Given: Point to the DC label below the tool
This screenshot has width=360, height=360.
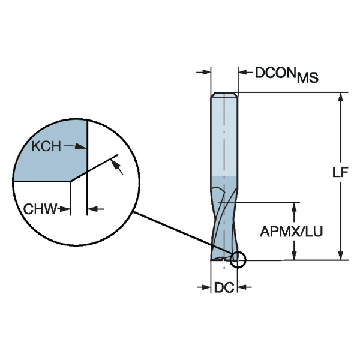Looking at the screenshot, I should [224, 288].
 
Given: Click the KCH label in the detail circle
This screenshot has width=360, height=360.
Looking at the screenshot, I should [46, 146].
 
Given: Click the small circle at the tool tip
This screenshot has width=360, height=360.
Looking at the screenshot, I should [238, 259].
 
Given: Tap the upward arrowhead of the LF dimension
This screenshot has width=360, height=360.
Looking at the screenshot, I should [341, 98].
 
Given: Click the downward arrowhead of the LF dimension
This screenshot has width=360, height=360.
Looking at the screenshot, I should [341, 254].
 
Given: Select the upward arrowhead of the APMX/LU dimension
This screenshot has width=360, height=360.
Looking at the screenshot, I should [295, 207].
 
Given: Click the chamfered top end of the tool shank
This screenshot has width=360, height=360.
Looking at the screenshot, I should [224, 95].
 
